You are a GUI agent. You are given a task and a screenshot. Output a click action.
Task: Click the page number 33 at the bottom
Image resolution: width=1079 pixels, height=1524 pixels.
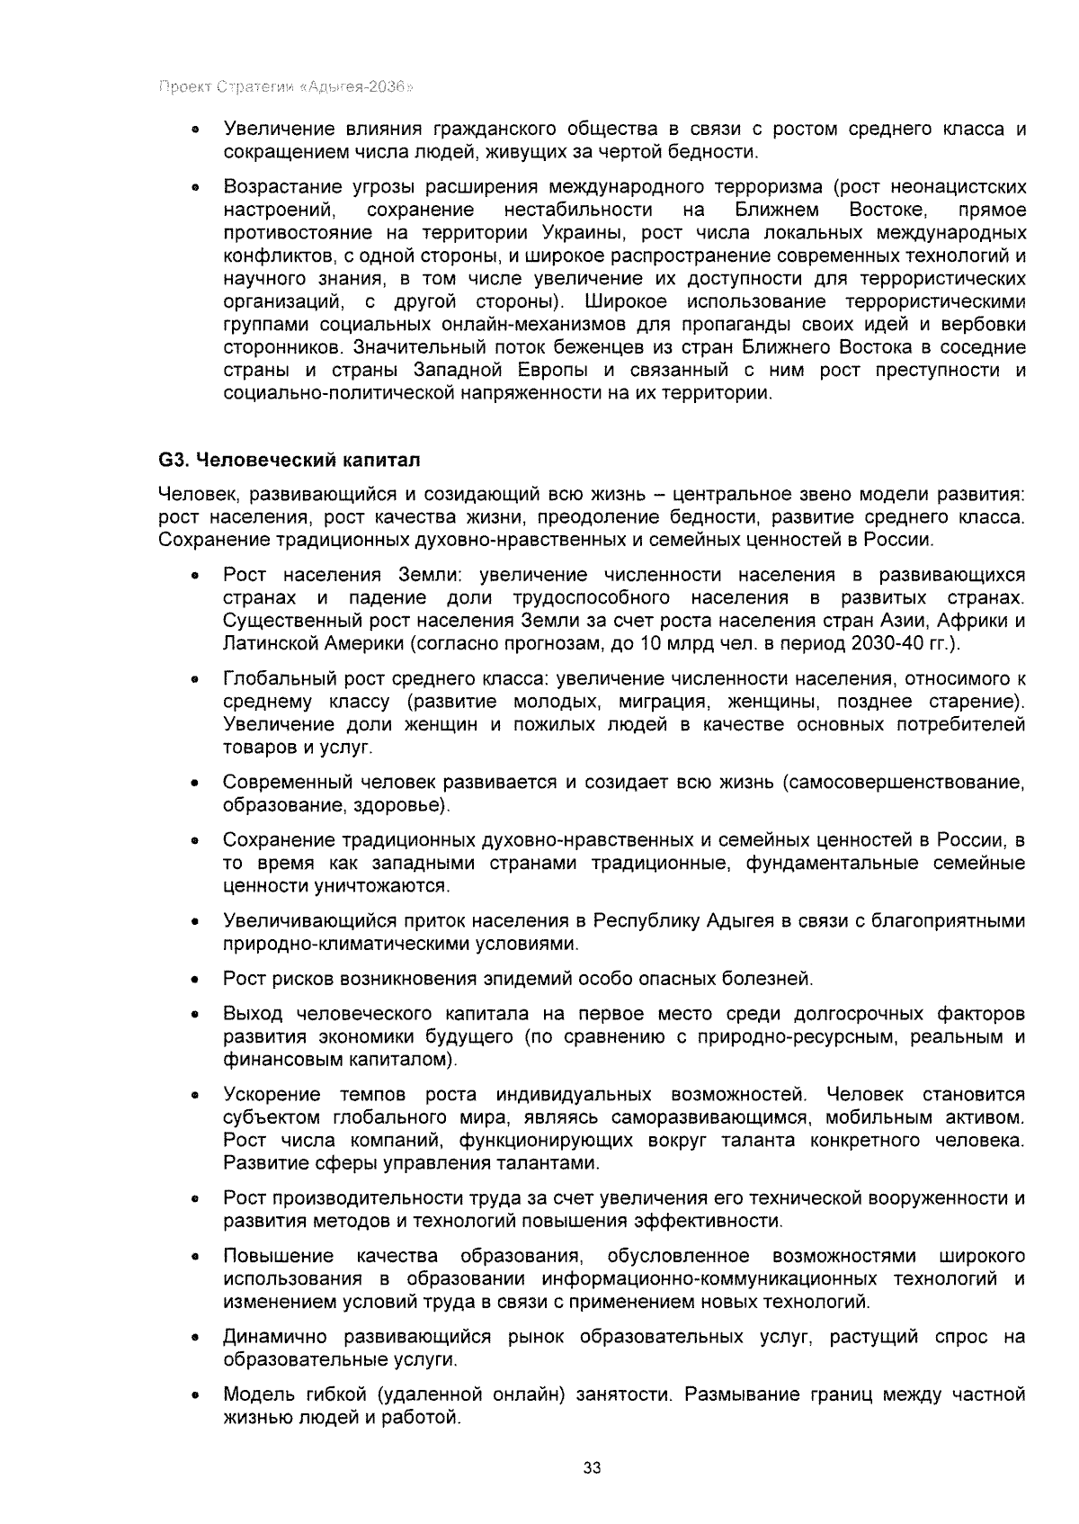[x=592, y=1467]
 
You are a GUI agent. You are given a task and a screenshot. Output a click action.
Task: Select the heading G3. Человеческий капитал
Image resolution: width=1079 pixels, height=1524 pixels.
[x=290, y=460]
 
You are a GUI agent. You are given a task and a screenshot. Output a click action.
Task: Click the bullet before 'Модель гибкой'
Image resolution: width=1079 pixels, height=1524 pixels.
[x=194, y=1396]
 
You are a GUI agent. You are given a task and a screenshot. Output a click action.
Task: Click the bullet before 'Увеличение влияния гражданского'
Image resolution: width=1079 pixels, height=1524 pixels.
[x=194, y=130]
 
